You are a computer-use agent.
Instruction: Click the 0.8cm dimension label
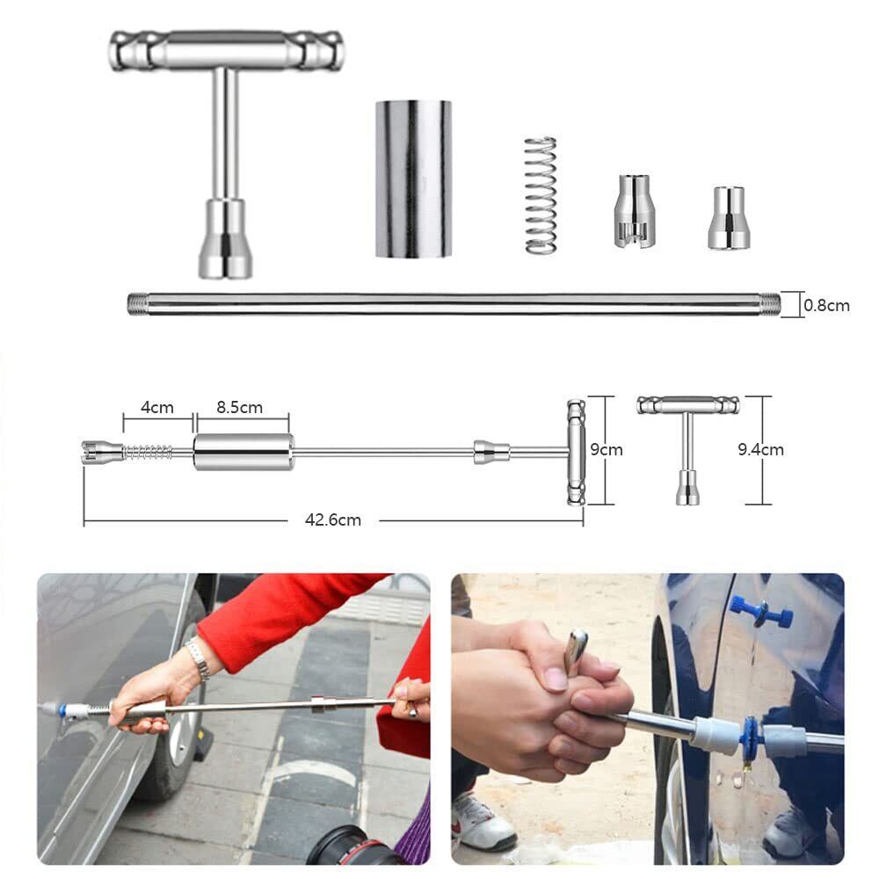826,306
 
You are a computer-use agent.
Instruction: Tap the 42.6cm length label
333,520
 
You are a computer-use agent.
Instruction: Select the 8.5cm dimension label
239,408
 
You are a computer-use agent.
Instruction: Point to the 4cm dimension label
157,408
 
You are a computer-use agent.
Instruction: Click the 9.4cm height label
760,449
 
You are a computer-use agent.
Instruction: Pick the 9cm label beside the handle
606,449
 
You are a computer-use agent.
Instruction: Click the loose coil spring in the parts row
541,194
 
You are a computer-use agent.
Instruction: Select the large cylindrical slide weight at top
413,178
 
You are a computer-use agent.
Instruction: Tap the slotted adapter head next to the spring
635,211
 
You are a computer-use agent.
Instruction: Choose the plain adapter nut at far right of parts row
729,218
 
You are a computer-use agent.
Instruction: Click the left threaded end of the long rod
135,304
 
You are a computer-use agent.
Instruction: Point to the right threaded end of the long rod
772,304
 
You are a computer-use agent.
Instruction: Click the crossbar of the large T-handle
226,49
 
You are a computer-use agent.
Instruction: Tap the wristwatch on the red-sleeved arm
198,658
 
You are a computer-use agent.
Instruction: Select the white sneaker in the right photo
483,821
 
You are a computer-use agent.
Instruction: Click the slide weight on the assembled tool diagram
243,452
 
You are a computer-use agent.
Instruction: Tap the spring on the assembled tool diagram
148,452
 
